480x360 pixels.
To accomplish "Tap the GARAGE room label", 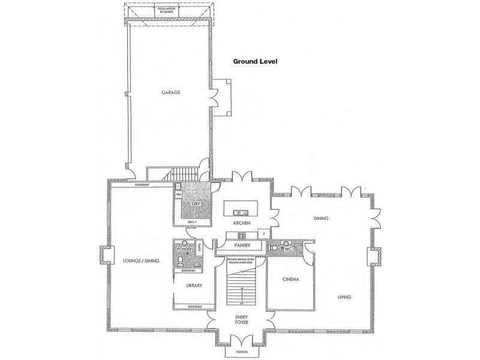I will [x=170, y=92].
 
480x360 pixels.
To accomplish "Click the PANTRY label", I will [x=242, y=245].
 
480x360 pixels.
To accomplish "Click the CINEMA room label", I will [x=290, y=280].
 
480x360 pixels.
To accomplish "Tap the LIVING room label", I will [x=344, y=297].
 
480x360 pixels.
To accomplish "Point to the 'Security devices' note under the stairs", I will [x=242, y=260].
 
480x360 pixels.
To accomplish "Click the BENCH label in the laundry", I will [x=193, y=223].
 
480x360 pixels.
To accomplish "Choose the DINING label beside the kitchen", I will [x=321, y=218].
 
